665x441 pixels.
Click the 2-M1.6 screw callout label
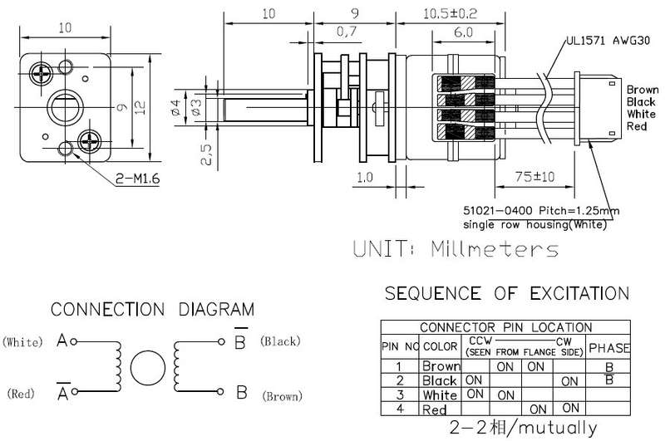138,179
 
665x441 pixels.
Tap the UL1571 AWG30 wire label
608,41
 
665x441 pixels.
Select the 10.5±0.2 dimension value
450,13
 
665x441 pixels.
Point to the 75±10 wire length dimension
534,176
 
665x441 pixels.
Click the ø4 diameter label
176,108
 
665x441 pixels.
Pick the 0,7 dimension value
347,32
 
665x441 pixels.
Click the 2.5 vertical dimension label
206,154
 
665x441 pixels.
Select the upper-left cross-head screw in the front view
41,74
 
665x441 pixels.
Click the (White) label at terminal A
22,342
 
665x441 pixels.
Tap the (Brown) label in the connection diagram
282,396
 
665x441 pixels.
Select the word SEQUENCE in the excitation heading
432,293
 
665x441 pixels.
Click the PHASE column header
609,348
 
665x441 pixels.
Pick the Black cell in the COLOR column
440,380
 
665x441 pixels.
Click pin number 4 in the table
400,409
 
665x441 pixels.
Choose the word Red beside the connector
637,126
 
